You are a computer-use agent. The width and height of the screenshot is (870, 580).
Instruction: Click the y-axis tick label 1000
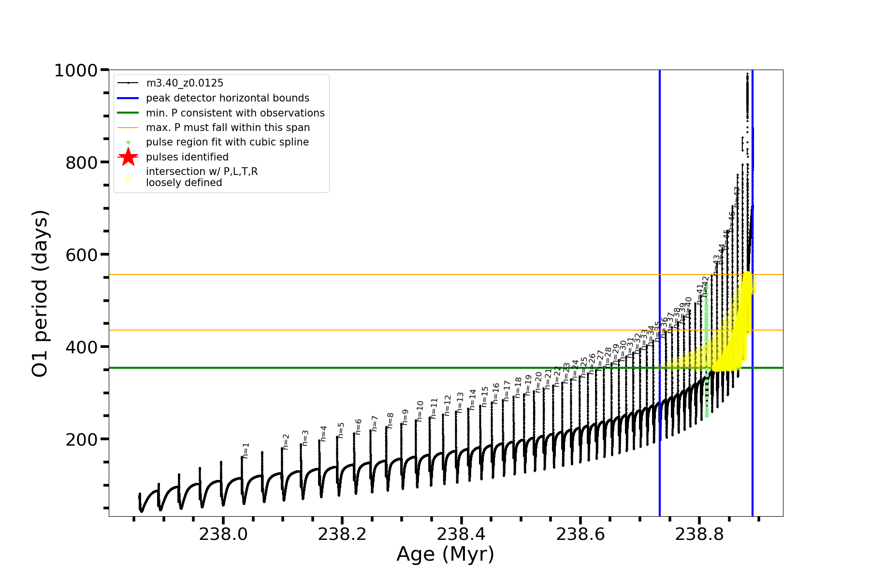point(76,71)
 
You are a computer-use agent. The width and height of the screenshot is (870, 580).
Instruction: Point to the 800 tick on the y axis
point(82,163)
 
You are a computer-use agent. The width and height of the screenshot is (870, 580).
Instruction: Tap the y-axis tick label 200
point(82,440)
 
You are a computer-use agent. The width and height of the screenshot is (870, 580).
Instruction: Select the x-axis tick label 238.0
point(223,534)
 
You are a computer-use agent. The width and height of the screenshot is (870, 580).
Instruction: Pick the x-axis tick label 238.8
point(699,534)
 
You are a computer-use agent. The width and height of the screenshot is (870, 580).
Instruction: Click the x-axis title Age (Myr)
point(445,554)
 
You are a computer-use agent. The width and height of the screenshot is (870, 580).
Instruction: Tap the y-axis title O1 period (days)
point(40,293)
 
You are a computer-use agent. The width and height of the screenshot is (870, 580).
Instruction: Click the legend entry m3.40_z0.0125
point(185,83)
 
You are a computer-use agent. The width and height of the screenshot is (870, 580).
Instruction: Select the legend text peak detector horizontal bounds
point(227,98)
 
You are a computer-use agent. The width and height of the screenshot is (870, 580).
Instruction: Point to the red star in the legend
point(128,157)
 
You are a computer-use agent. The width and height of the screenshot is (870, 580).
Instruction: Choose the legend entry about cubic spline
point(227,142)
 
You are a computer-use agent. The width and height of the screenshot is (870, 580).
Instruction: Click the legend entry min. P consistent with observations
point(235,113)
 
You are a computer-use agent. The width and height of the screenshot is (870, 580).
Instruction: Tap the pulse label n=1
point(246,450)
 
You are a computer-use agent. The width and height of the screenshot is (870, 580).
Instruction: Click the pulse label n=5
point(341,430)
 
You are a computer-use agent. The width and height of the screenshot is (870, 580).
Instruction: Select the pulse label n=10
point(420,411)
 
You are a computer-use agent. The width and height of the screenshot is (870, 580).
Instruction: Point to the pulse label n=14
point(473,399)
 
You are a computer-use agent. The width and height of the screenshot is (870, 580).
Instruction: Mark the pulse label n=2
point(286,442)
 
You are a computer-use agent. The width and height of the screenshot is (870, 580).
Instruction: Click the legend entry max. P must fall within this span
point(228,128)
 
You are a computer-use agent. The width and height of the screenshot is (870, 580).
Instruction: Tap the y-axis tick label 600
point(82,255)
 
